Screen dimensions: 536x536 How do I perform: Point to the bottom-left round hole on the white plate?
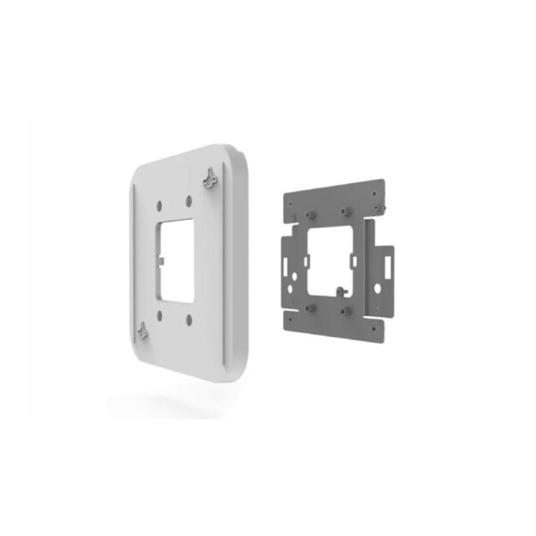(158, 314)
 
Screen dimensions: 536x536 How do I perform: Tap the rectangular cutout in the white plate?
(176, 259)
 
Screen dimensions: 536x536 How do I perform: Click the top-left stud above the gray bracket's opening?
(313, 215)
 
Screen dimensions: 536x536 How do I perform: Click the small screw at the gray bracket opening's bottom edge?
(341, 289)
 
